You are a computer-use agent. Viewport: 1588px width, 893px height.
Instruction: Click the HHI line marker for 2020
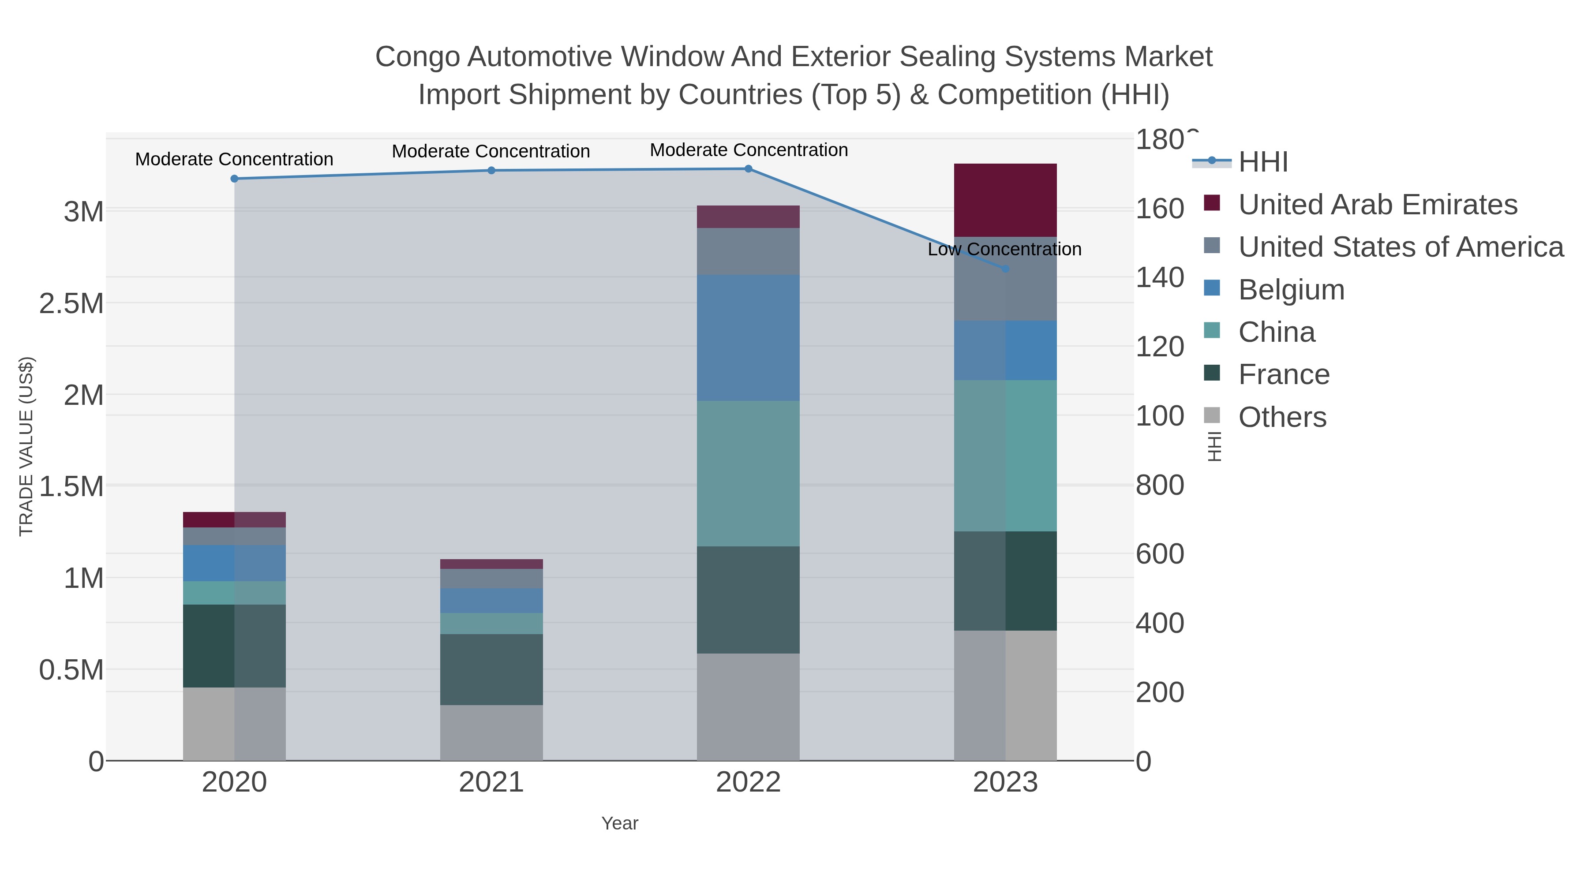pos(234,179)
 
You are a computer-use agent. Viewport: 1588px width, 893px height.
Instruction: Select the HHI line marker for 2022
pos(749,168)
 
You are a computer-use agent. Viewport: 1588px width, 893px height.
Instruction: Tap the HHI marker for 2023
pos(1005,269)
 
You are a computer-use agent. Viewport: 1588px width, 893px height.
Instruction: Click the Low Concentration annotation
pos(1004,250)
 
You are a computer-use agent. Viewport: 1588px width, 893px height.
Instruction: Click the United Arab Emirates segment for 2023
pos(1005,200)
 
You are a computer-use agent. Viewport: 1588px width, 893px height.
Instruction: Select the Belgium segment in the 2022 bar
pos(749,338)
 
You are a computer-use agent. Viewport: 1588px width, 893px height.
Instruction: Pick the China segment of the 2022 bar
pos(749,473)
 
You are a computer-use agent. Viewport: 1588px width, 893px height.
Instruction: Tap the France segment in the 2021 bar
pos(491,669)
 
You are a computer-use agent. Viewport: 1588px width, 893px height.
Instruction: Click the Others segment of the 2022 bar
pos(749,707)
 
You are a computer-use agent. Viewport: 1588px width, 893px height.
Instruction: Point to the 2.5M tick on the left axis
pos(71,304)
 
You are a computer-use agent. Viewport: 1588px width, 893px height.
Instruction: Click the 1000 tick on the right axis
pos(1159,416)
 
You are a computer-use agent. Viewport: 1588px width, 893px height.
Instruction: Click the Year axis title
pos(620,823)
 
